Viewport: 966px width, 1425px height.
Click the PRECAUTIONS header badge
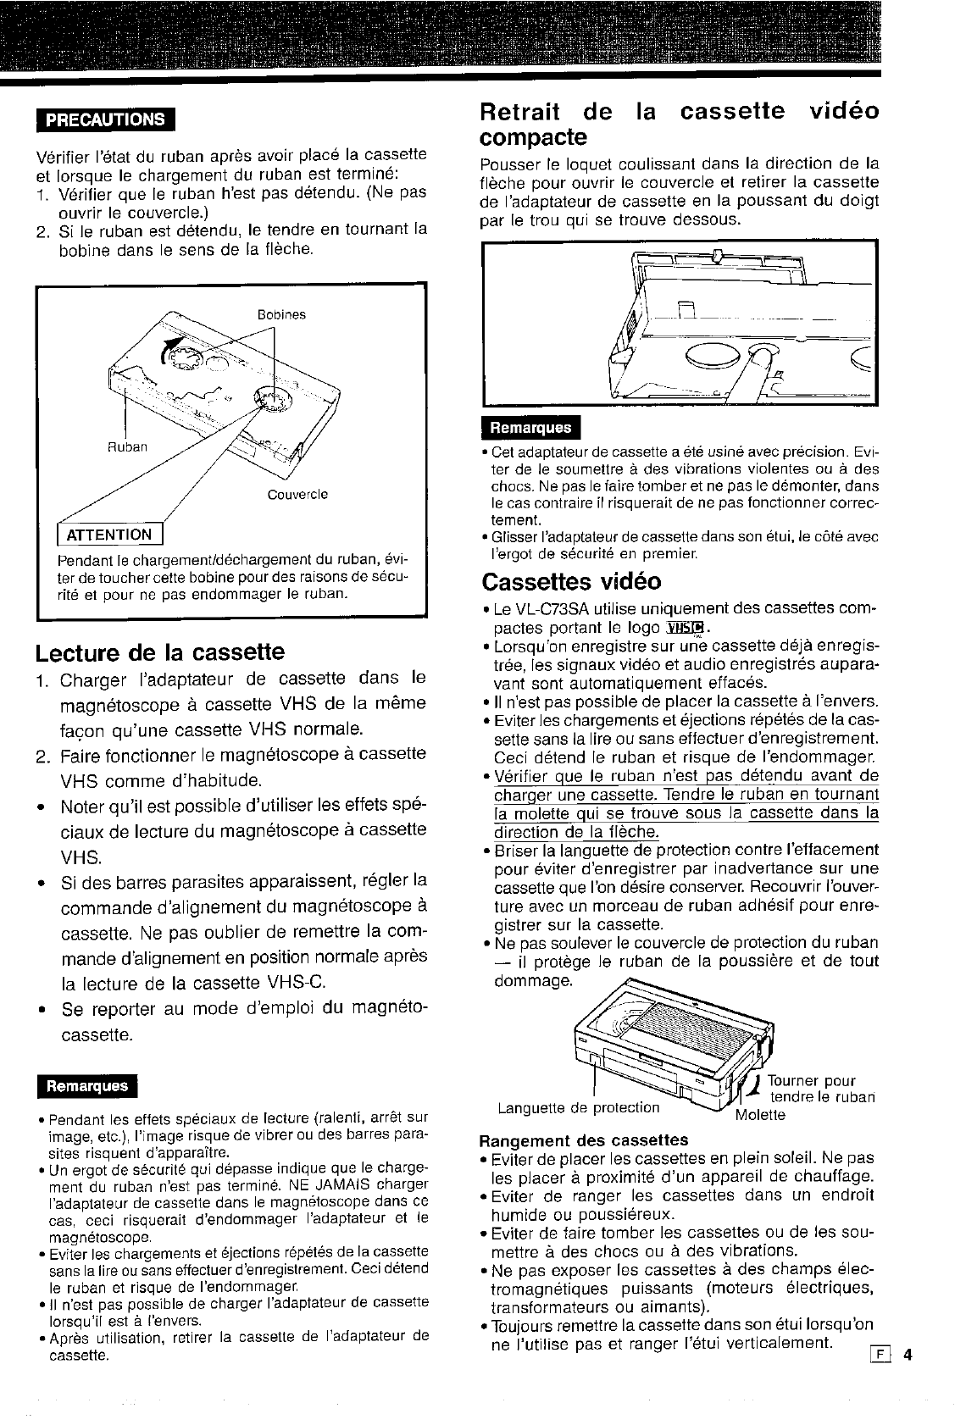point(105,119)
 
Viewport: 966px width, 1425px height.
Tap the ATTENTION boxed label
point(110,535)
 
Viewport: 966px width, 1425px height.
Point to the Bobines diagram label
point(281,315)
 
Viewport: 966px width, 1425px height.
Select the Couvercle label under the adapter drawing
point(297,494)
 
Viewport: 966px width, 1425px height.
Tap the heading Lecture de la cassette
point(160,652)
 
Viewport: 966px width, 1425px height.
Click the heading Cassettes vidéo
point(571,582)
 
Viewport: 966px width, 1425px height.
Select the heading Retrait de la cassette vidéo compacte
point(679,124)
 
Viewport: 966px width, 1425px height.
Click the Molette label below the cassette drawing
point(760,1115)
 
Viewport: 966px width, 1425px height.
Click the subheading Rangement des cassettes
point(583,1139)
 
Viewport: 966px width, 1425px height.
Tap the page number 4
point(906,1354)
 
